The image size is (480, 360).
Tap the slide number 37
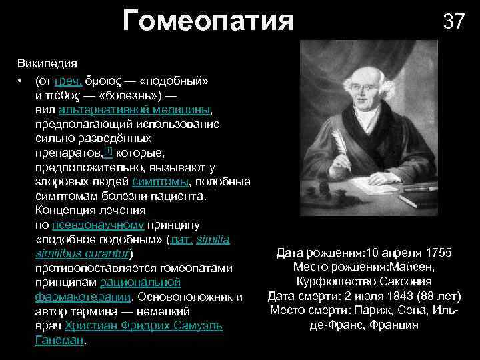[x=453, y=21]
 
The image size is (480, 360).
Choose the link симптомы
[x=160, y=181]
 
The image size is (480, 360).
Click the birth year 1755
[x=436, y=253]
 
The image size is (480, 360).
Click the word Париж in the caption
[x=379, y=311]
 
